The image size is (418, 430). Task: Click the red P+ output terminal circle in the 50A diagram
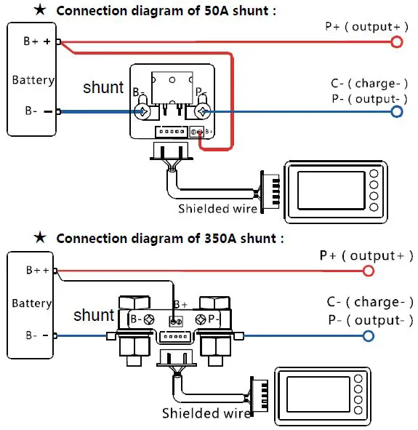click(x=396, y=42)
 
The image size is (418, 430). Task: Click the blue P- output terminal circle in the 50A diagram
click(x=396, y=111)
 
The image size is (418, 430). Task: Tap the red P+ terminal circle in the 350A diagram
click(x=368, y=271)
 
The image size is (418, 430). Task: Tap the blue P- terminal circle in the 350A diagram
click(x=368, y=335)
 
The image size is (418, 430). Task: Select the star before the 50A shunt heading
click(x=40, y=11)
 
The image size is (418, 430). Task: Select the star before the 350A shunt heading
click(x=40, y=238)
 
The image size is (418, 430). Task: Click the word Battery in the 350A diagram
click(x=31, y=303)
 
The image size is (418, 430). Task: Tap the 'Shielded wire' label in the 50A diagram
click(x=218, y=209)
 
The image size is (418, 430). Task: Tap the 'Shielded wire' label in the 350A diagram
click(x=206, y=413)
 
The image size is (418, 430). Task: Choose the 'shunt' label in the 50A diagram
click(x=103, y=87)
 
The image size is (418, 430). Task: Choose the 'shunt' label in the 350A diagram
click(x=94, y=315)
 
